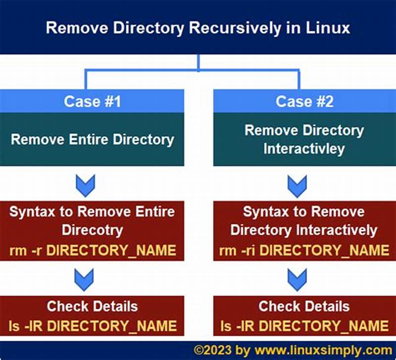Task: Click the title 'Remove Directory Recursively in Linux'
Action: pos(198,27)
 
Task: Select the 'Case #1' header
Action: pos(92,102)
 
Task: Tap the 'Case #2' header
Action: pos(304,102)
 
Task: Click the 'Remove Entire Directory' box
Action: pos(92,139)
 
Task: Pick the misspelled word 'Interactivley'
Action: pos(304,149)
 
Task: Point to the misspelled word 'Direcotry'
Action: pos(92,230)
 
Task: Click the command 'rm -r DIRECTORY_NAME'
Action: pos(92,250)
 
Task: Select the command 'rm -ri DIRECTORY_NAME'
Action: pos(304,250)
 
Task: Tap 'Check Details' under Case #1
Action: pos(92,307)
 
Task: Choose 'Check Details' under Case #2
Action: pos(304,307)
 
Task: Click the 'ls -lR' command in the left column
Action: pos(92,325)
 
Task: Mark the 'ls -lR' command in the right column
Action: pos(304,325)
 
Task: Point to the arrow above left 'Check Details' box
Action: pos(84,279)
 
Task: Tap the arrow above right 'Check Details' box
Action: pos(297,279)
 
